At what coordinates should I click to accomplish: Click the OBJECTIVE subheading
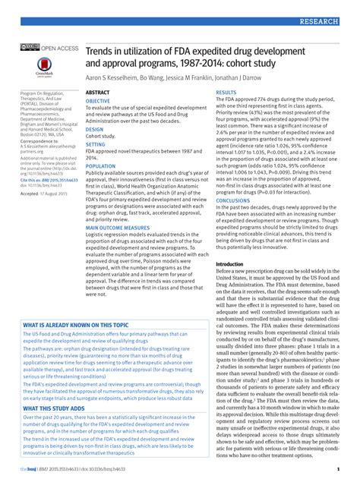(98, 100)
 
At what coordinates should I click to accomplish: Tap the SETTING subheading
(96, 143)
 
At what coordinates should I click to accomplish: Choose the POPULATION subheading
(101, 165)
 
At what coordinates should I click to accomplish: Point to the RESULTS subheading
(227, 92)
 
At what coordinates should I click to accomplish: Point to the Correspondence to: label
(41, 141)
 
